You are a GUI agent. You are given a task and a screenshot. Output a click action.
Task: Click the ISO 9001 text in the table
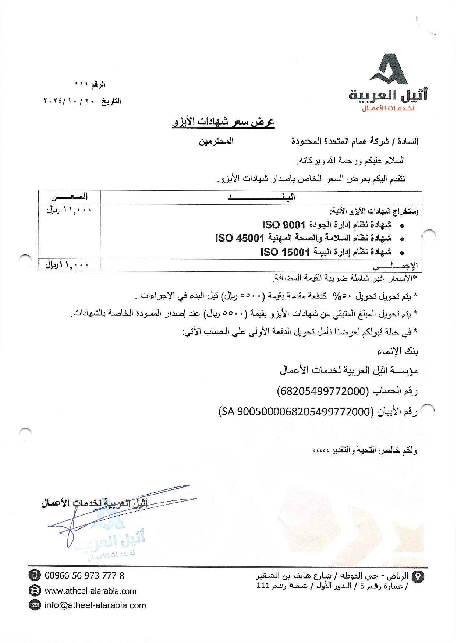tap(284, 225)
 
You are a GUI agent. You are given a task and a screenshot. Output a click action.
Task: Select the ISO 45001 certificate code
tap(240, 238)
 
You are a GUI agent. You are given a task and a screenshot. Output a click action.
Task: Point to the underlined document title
tap(224, 122)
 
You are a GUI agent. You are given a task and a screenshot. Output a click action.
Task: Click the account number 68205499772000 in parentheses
tap(322, 391)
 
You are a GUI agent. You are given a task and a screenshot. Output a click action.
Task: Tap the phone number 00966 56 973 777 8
tap(84, 575)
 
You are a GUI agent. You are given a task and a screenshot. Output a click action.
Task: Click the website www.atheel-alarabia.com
tap(91, 591)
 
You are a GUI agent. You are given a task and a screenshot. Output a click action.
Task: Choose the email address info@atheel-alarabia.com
tap(95, 605)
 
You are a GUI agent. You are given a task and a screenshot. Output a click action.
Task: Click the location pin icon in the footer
tap(418, 577)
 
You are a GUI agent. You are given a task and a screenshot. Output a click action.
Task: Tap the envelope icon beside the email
tap(35, 605)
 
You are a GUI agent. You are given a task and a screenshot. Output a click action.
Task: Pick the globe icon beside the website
tap(35, 590)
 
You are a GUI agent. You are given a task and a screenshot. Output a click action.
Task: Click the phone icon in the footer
tap(35, 575)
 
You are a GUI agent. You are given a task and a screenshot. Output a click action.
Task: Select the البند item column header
tap(261, 197)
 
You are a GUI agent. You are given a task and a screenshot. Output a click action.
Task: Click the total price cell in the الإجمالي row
tap(68, 265)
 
